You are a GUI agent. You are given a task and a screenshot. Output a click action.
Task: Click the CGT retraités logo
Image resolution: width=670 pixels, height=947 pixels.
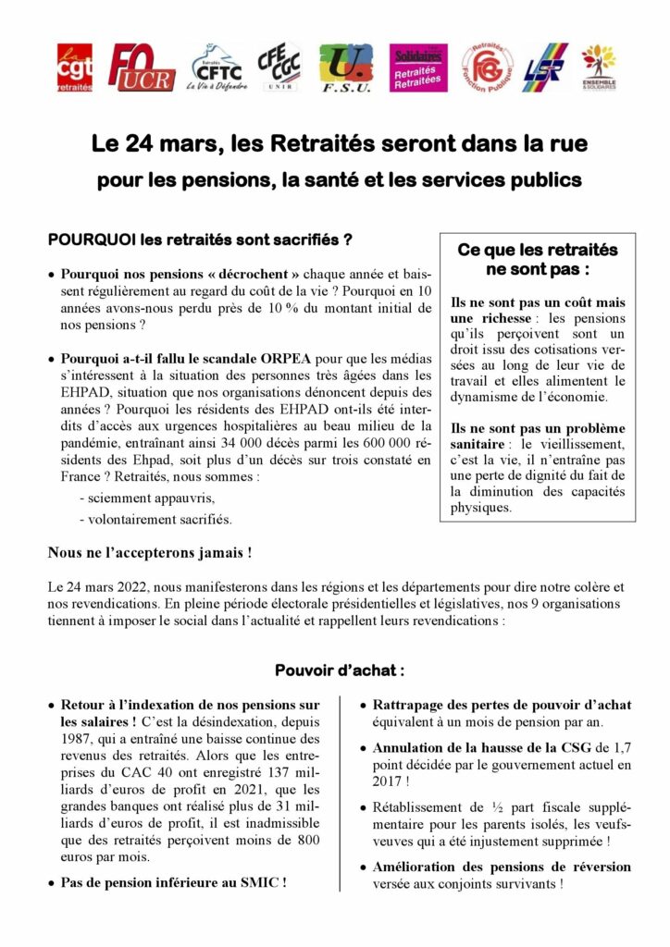(75, 68)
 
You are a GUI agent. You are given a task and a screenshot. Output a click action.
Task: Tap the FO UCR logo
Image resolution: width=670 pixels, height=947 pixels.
(141, 68)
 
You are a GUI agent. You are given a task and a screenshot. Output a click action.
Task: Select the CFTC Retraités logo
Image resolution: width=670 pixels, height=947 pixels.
(212, 68)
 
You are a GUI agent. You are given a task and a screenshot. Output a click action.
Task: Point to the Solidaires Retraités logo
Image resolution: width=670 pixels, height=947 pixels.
(418, 68)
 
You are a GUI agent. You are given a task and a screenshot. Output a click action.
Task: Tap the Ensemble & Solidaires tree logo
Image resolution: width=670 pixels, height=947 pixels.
(599, 68)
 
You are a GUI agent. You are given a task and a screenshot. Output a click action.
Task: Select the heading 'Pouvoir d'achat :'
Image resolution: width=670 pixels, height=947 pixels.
(339, 670)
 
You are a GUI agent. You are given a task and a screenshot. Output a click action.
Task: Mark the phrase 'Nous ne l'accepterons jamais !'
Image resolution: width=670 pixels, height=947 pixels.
(149, 554)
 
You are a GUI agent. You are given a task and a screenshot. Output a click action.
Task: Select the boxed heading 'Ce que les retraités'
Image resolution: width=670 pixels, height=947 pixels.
(538, 250)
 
